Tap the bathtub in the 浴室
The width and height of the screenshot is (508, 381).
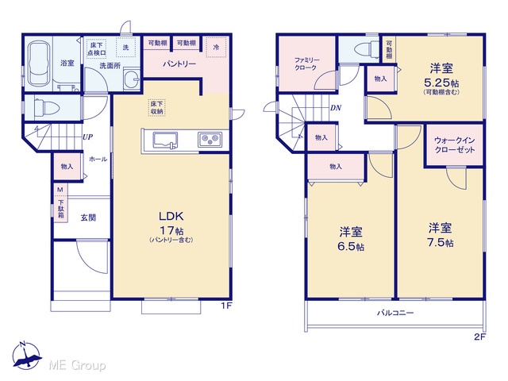39,63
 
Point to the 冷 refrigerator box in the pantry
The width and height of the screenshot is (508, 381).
216,48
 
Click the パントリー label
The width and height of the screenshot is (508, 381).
179,64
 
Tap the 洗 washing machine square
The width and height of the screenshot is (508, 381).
125,48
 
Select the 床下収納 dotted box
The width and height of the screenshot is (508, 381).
157,108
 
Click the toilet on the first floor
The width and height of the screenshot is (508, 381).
46,107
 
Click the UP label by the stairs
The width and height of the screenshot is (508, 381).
87,137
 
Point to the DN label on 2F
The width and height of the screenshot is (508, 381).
336,108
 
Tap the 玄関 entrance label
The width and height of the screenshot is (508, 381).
88,217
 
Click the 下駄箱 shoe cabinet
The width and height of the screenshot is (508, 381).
61,208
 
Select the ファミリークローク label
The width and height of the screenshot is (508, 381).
307,63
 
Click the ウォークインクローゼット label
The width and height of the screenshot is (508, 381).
455,145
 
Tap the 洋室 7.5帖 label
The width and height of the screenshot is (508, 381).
441,236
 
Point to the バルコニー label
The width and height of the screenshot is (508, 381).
395,313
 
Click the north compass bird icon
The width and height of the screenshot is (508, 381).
27,356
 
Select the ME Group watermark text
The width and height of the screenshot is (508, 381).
77,366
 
